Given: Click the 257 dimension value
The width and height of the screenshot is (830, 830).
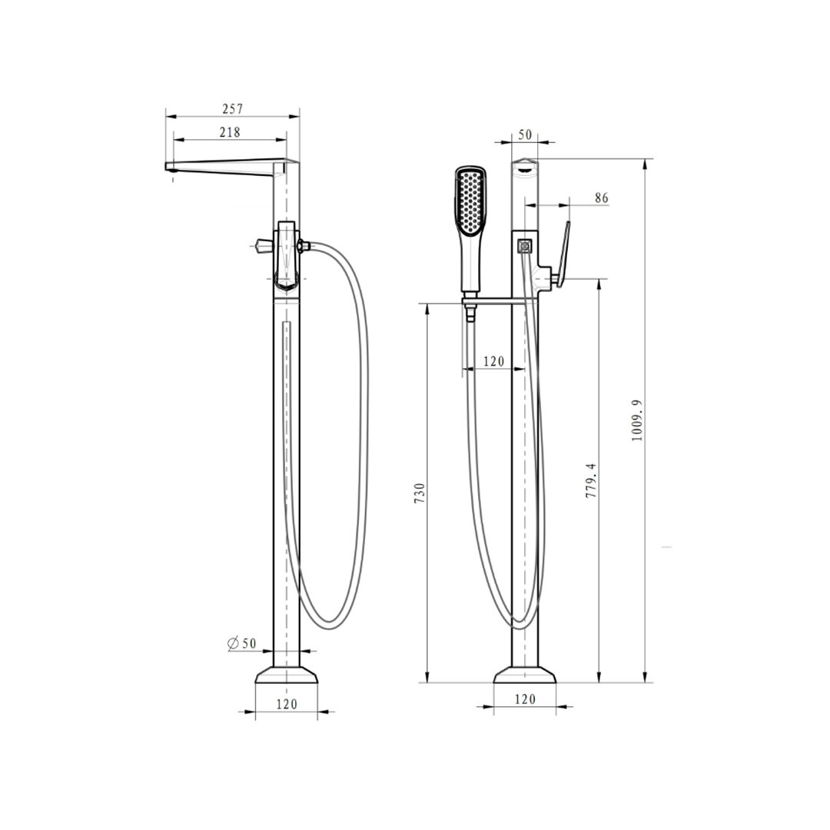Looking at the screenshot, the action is (x=232, y=109).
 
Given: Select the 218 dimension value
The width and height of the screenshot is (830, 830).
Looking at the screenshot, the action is (x=230, y=132).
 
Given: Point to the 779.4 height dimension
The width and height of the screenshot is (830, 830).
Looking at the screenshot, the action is (x=591, y=480).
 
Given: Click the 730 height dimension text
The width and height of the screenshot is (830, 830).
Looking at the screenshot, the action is (x=420, y=493).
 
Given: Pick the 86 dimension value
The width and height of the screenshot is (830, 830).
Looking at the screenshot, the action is (x=601, y=198).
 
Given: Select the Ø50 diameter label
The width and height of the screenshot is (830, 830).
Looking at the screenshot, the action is (x=241, y=643).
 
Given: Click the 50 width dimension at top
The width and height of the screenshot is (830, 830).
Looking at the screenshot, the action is (x=525, y=134).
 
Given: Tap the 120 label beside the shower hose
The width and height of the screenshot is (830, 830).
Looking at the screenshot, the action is (x=493, y=361).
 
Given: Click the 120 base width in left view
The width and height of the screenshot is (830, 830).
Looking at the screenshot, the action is (x=287, y=704).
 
